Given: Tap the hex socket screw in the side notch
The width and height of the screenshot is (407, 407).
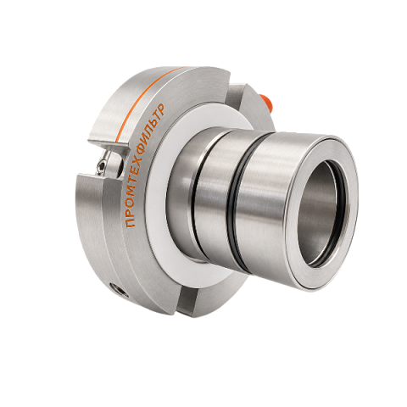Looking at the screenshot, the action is (x=103, y=164).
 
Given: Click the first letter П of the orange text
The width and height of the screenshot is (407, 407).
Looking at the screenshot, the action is (x=131, y=223).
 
